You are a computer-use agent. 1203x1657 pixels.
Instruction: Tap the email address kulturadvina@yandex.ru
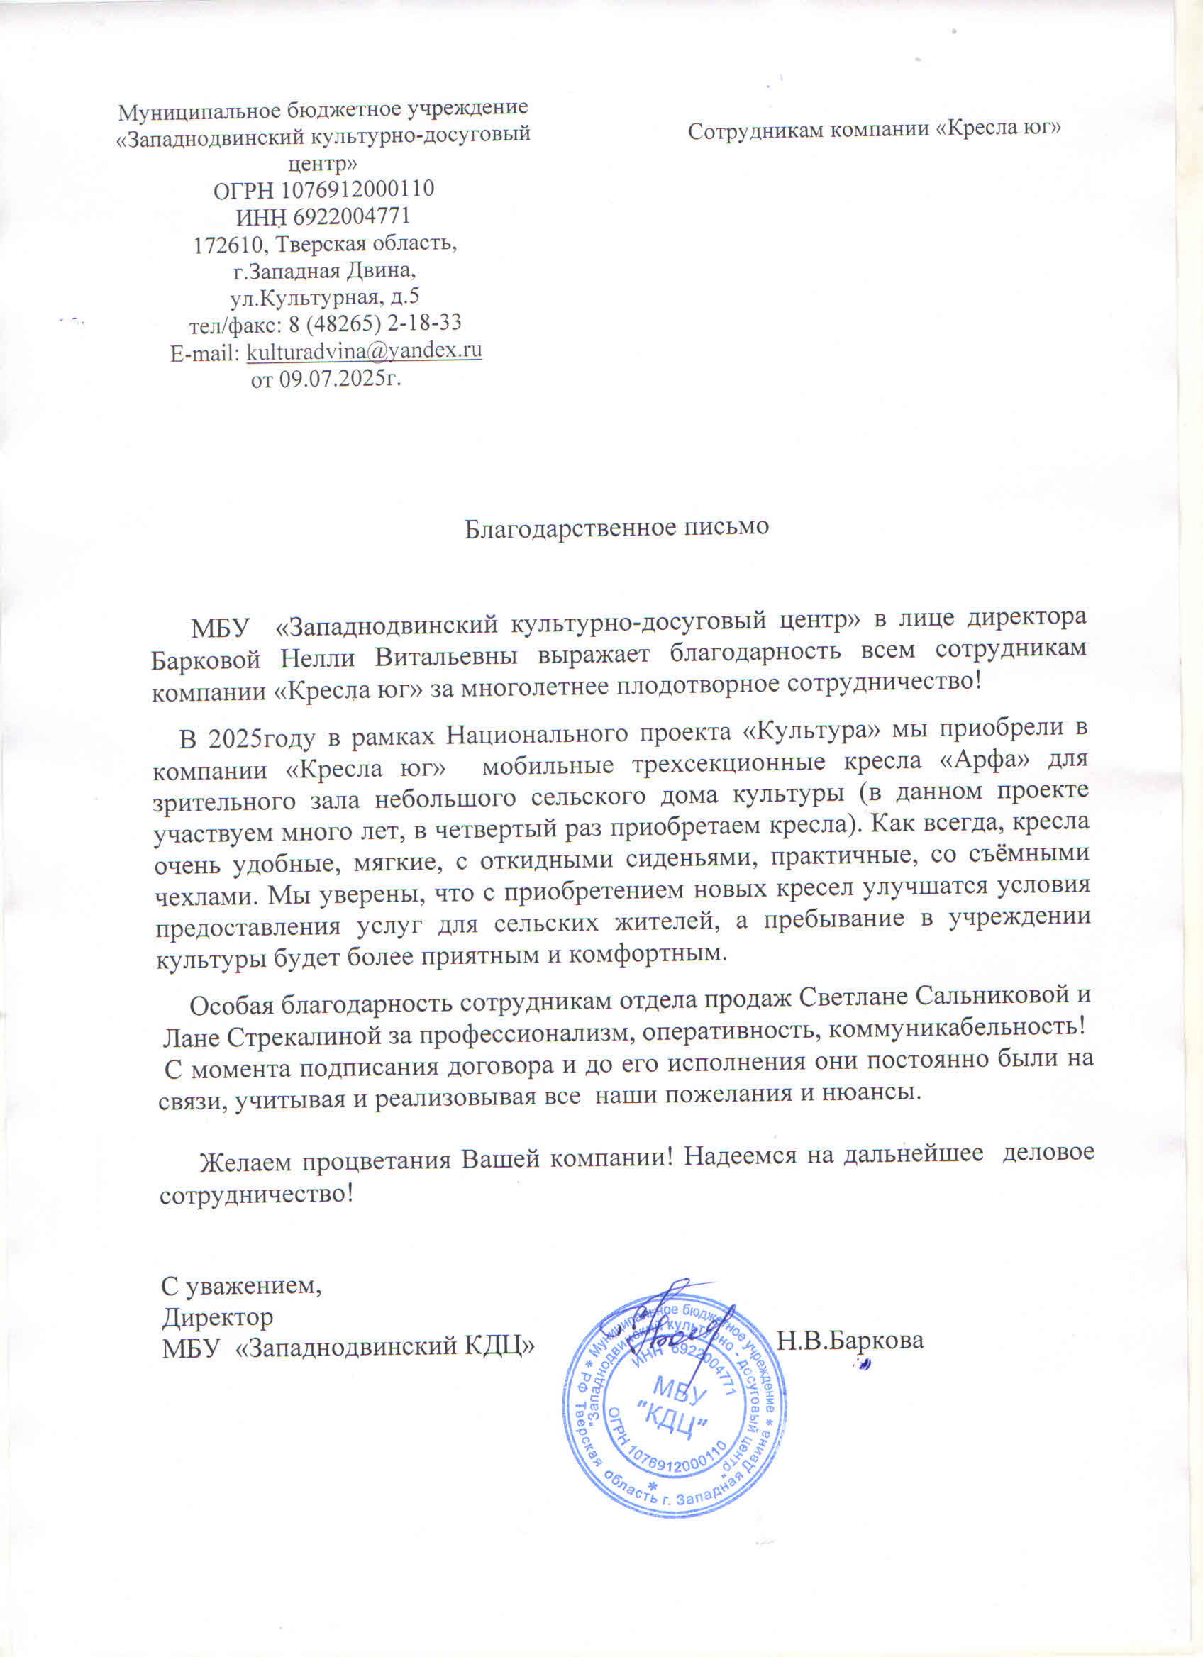click(x=365, y=351)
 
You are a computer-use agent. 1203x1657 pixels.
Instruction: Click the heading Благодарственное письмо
click(x=617, y=528)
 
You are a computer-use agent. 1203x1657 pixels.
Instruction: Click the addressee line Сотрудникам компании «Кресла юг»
click(x=875, y=129)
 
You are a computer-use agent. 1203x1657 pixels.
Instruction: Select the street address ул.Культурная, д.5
click(x=325, y=297)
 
